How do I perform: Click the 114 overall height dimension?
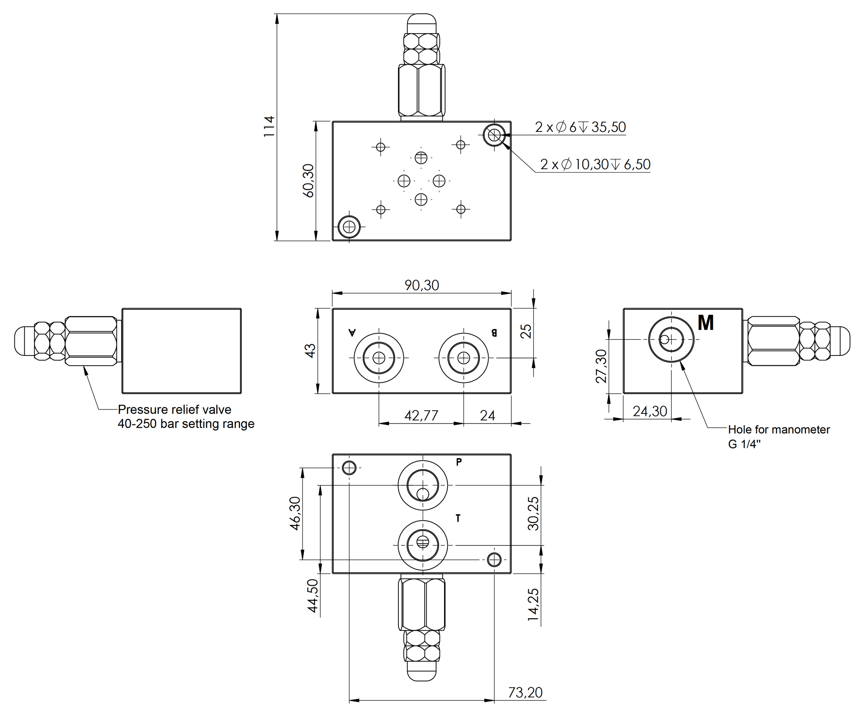[x=269, y=127]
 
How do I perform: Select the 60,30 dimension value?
[x=308, y=181]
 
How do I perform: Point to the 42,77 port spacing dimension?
[x=421, y=416]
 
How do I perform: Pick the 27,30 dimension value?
[x=601, y=366]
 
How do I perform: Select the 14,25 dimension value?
[x=533, y=605]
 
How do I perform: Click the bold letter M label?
[x=705, y=323]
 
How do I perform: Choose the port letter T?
[x=458, y=519]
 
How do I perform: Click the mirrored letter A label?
[x=352, y=332]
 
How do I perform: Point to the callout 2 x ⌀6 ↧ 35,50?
[x=580, y=127]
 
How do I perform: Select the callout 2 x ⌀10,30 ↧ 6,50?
[x=595, y=164]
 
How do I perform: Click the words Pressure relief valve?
[x=174, y=410]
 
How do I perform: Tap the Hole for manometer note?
[x=778, y=429]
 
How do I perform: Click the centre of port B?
[x=463, y=358]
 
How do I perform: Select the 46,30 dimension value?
[x=295, y=513]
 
